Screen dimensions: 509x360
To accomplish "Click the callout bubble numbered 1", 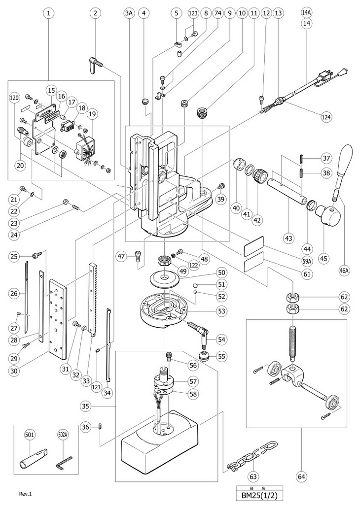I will pyautogui.click(x=48, y=13).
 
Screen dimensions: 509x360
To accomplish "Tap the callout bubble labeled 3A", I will pyautogui.click(x=130, y=13).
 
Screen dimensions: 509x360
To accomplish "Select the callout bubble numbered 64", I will pyautogui.click(x=302, y=476).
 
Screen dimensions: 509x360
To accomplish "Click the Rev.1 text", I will pyautogui.click(x=25, y=493).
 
